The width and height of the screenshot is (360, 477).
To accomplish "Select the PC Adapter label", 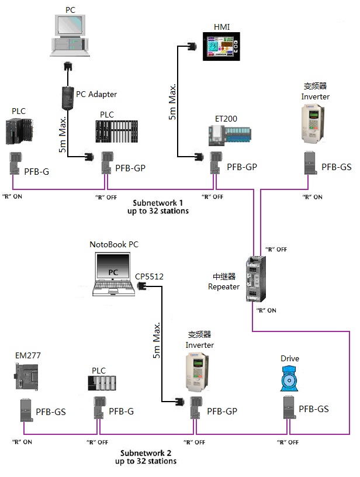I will [96, 94].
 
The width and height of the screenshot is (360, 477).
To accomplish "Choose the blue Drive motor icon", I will [290, 380].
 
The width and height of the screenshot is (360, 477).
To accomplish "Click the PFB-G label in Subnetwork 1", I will [38, 171].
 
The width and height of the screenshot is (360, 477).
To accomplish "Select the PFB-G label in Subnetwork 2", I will [122, 412].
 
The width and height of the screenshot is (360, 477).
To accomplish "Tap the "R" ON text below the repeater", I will [266, 310].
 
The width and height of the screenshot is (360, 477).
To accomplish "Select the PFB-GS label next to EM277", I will [51, 412].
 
